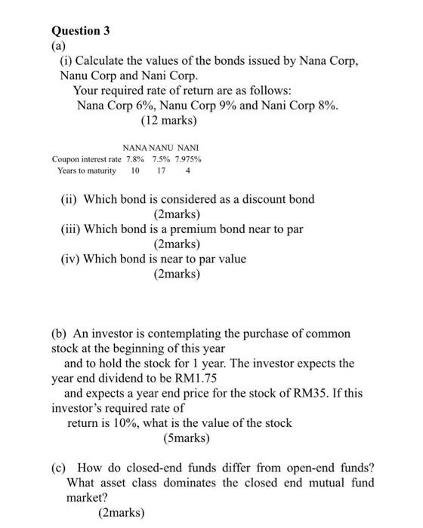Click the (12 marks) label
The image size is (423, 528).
click(x=168, y=120)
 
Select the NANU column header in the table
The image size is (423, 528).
click(x=161, y=147)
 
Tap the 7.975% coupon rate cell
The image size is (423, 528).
click(x=188, y=159)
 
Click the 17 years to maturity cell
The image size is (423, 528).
click(x=161, y=171)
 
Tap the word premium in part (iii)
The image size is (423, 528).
click(x=205, y=229)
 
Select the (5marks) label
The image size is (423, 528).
click(x=187, y=437)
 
